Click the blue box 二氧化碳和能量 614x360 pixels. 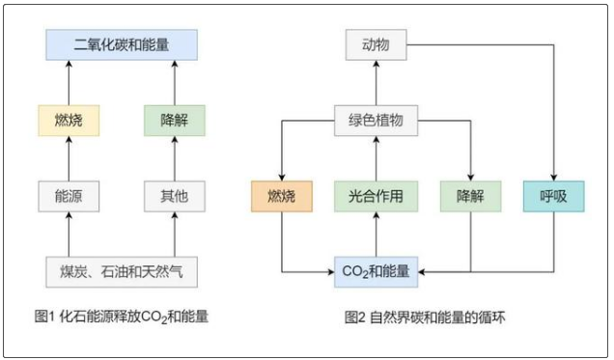click(x=121, y=45)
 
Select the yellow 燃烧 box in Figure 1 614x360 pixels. click(x=70, y=122)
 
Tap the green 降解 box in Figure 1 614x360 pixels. click(x=174, y=122)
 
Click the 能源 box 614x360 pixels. click(x=70, y=196)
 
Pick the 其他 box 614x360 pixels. click(x=174, y=196)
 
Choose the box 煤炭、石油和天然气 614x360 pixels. click(x=121, y=271)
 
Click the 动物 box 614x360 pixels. click(x=375, y=45)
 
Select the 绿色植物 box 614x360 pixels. click(x=375, y=122)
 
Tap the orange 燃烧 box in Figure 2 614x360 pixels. click(x=280, y=196)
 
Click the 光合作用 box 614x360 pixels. click(x=375, y=196)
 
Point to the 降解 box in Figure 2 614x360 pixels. click(x=468, y=196)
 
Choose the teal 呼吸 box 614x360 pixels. click(x=554, y=196)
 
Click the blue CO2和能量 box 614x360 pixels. click(x=375, y=271)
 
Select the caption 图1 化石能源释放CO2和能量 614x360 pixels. click(x=121, y=315)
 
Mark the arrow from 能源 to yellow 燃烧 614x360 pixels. click(x=70, y=159)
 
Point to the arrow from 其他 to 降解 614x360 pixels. click(x=174, y=159)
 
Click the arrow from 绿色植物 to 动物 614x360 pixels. click(x=375, y=83)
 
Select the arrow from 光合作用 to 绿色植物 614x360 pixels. click(x=375, y=159)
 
